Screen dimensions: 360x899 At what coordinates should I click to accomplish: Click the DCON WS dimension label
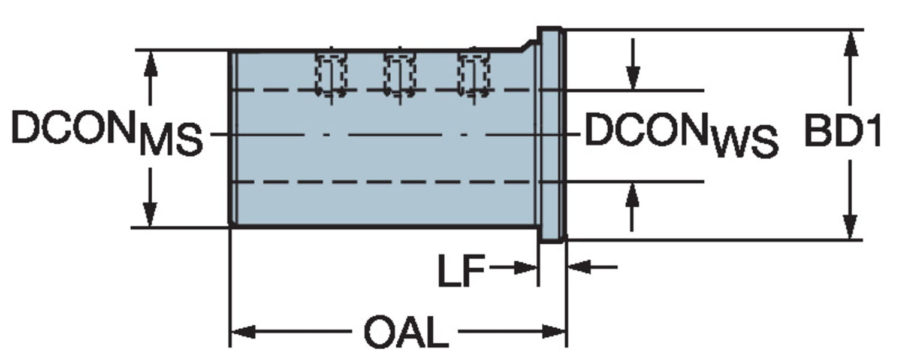pyautogui.click(x=681, y=135)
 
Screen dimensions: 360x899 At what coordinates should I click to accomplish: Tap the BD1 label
pyautogui.click(x=842, y=133)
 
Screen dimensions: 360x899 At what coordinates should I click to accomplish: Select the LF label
pyautogui.click(x=460, y=271)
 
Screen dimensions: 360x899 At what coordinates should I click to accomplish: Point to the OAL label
pyautogui.click(x=406, y=333)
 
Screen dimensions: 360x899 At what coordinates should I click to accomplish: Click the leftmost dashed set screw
pyautogui.click(x=331, y=73)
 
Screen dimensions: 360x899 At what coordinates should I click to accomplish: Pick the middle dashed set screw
pyautogui.click(x=400, y=73)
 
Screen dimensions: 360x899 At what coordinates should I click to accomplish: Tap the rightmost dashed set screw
pyautogui.click(x=473, y=73)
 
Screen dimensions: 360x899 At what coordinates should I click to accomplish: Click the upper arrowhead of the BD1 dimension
pyautogui.click(x=850, y=43)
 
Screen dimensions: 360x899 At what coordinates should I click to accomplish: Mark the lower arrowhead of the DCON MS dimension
pyautogui.click(x=150, y=214)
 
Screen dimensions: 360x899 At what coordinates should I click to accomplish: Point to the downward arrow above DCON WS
pyautogui.click(x=632, y=78)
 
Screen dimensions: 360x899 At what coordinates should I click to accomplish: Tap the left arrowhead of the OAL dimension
pyautogui.click(x=243, y=331)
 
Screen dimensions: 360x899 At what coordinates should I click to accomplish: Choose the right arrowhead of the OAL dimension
pyautogui.click(x=554, y=331)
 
